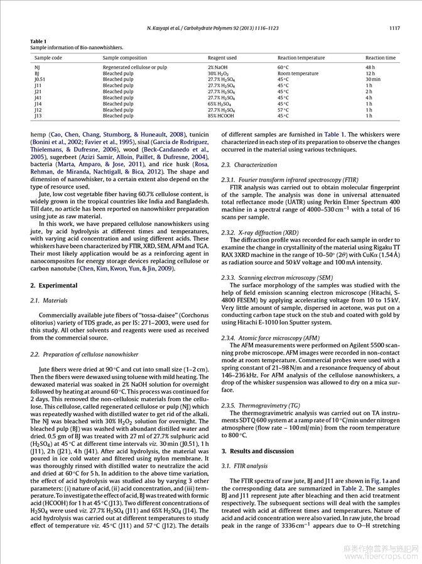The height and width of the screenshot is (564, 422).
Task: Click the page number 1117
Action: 394,28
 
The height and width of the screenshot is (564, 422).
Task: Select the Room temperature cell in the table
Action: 298,74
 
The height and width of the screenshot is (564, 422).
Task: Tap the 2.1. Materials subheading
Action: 49,301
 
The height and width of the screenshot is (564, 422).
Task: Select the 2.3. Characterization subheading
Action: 249,165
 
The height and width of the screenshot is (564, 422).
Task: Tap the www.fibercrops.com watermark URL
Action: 379,557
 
